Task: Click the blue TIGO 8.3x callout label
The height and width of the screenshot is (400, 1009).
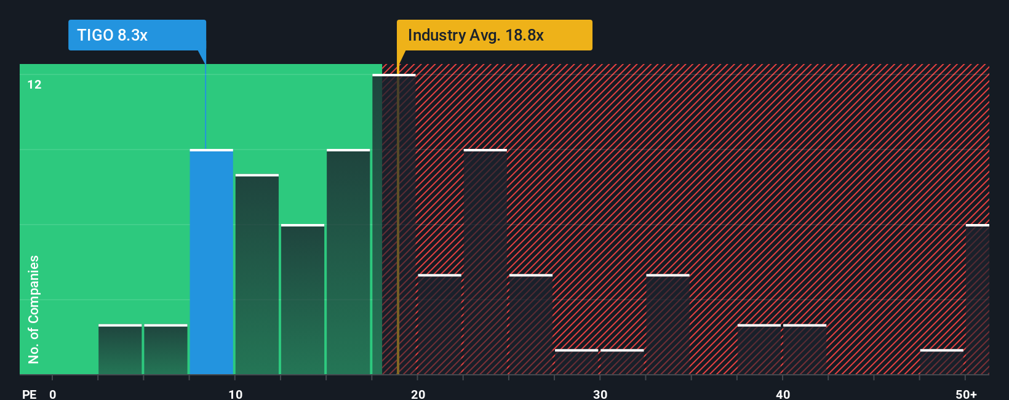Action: click(x=137, y=35)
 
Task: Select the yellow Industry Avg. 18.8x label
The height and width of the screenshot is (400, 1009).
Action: click(x=494, y=35)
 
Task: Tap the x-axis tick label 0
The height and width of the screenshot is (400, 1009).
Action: click(x=53, y=394)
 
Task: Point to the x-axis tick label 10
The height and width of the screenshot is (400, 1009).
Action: click(x=235, y=394)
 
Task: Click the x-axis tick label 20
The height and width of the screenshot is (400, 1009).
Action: click(x=418, y=394)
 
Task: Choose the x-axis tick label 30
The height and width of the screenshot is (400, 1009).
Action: click(x=600, y=394)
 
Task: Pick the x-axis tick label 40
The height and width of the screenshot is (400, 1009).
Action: click(x=783, y=394)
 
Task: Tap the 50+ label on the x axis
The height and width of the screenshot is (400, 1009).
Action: click(x=966, y=394)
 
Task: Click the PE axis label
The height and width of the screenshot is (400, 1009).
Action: click(x=30, y=394)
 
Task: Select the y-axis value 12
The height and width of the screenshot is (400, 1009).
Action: click(x=34, y=84)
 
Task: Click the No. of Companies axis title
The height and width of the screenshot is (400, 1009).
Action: click(x=34, y=309)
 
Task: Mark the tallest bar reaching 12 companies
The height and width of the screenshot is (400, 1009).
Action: click(x=394, y=225)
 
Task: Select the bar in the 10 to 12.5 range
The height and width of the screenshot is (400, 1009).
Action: click(x=257, y=274)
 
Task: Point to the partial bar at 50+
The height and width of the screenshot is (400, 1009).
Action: click(x=977, y=300)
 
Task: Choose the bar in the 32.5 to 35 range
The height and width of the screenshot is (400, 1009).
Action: click(x=668, y=324)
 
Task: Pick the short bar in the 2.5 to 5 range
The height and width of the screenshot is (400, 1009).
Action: click(x=120, y=350)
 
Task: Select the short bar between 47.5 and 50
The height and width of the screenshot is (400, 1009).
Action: click(x=941, y=362)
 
